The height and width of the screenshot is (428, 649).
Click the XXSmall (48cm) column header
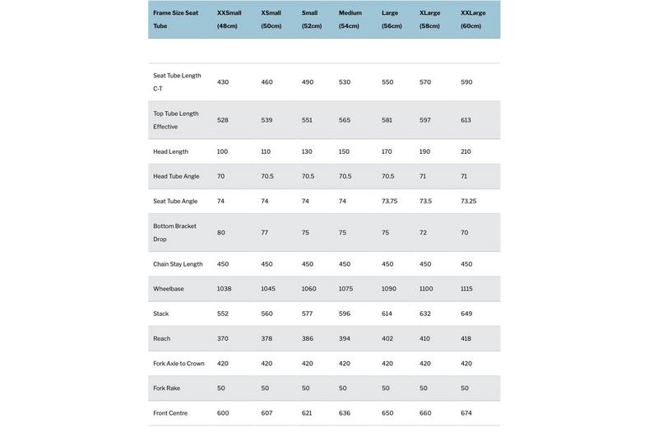coord(229,19)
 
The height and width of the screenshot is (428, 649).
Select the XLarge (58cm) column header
coord(429,19)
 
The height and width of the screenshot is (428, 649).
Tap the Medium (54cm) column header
coord(350,19)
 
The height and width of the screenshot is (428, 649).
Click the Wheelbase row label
coord(169,289)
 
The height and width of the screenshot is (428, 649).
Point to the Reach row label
coord(162,339)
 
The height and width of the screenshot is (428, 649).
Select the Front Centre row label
coord(170,413)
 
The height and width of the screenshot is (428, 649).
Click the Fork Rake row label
coord(166,388)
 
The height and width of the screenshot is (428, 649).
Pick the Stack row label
coord(160,314)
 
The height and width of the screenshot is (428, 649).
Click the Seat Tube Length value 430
coord(223,82)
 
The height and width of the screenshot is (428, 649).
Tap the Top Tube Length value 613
coord(466,120)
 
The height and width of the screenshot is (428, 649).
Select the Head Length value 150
coord(344,151)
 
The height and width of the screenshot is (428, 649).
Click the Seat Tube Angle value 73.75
coord(389,201)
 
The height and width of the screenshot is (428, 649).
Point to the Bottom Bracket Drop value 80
coord(221,233)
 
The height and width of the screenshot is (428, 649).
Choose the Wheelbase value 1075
coord(345,289)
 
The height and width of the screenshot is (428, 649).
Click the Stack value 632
coord(425,314)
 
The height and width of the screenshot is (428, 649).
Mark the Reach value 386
coord(308,339)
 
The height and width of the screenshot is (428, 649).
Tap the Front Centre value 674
coord(466,413)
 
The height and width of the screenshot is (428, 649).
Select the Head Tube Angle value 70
coord(220,176)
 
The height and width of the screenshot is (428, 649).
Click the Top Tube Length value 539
coord(267,120)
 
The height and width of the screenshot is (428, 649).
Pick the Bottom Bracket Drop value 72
coord(423,233)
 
